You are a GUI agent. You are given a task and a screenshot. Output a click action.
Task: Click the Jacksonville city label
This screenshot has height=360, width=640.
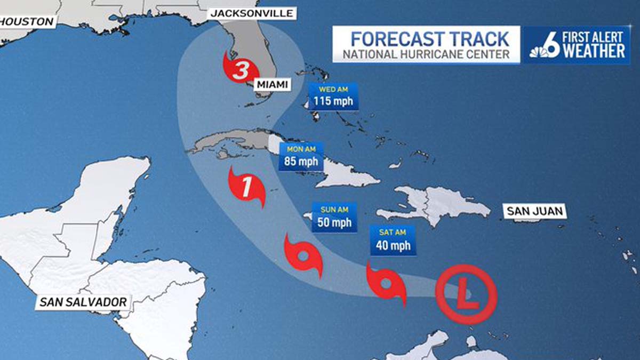click(252, 13)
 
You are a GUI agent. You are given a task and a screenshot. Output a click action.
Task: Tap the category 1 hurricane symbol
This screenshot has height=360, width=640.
click(246, 188)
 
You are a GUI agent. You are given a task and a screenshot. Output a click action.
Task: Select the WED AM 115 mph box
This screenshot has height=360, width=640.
click(333, 97)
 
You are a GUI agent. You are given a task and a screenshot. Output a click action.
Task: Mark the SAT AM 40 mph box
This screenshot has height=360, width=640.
click(392, 240)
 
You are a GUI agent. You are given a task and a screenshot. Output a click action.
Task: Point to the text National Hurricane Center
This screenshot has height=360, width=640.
click(423, 54)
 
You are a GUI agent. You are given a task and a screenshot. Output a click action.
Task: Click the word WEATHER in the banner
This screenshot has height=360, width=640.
click(594, 51)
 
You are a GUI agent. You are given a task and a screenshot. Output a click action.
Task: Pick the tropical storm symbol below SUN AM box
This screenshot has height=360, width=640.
click(303, 255)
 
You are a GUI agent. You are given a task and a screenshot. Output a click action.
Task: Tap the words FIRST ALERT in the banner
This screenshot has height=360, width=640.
click(594, 37)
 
